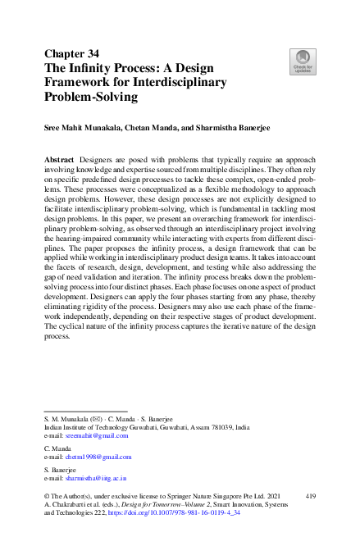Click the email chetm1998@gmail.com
click(98, 457)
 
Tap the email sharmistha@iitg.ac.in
click(96, 477)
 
